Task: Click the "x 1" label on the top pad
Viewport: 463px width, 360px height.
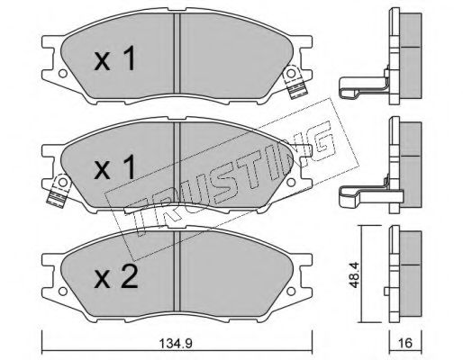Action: tap(116, 60)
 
